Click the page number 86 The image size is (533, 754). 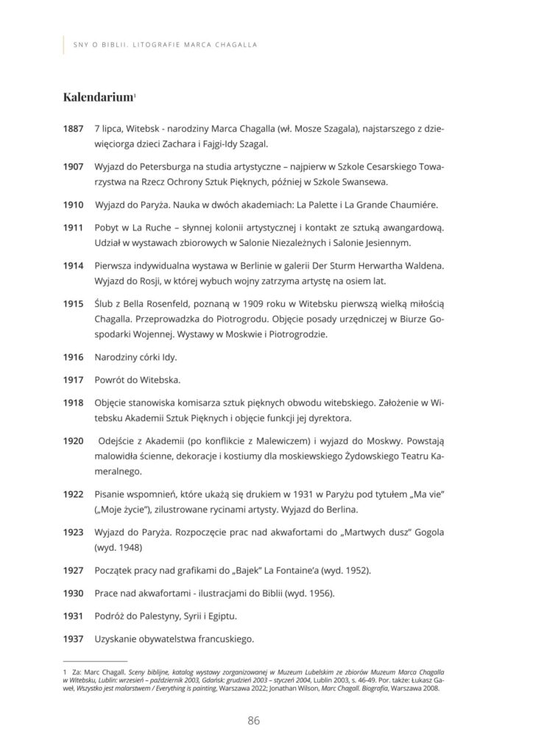(x=254, y=721)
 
